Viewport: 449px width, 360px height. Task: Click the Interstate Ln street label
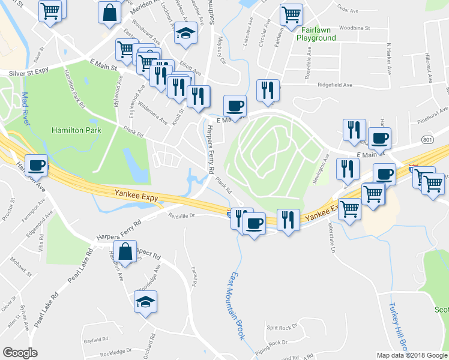[x=331, y=238]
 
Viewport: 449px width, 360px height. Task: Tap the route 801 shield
[x=427, y=140]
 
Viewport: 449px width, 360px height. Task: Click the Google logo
[x=20, y=353]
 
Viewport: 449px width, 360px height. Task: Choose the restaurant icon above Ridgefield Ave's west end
[x=268, y=89]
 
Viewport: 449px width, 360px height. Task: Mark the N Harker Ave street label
[x=389, y=59]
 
